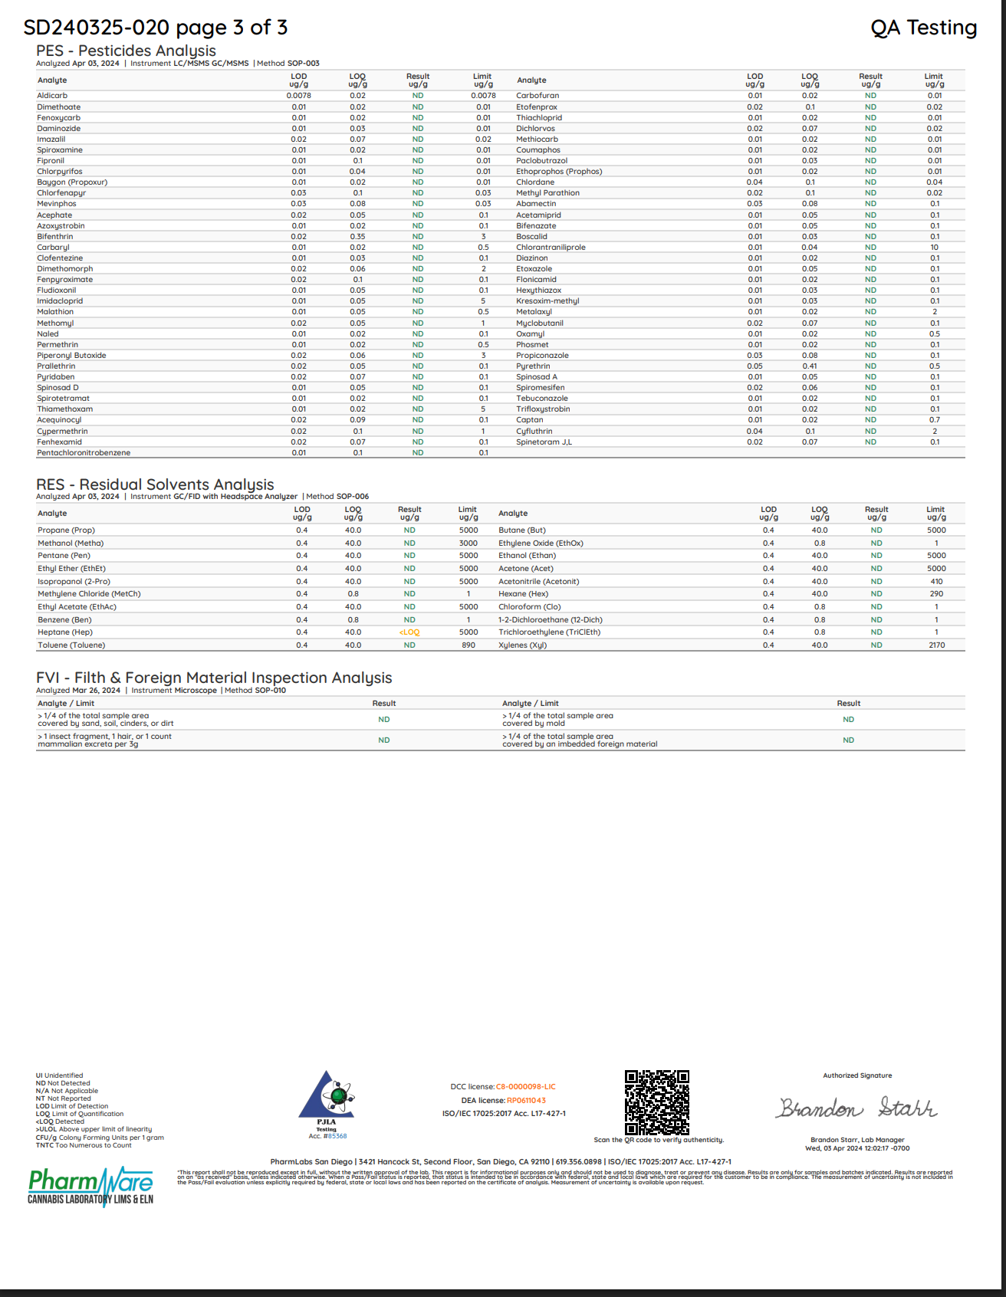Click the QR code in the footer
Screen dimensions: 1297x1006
point(657,1102)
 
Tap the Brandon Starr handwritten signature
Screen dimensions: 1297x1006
point(857,1108)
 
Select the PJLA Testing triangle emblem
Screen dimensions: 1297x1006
point(327,1095)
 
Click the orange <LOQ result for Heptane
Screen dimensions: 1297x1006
point(409,632)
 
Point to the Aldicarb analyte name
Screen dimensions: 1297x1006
point(52,96)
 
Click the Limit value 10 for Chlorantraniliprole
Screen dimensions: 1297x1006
point(935,248)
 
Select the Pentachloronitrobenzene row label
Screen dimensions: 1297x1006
point(84,453)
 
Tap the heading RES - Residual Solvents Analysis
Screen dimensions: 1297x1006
point(155,484)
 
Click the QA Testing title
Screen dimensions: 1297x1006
point(923,28)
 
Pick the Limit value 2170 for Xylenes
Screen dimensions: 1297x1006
point(936,645)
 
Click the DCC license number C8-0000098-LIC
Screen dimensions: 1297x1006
point(526,1087)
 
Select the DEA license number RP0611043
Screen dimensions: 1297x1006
point(526,1101)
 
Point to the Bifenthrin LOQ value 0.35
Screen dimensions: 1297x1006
point(357,237)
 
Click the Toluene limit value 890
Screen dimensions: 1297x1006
point(468,645)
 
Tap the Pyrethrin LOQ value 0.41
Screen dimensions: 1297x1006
point(810,366)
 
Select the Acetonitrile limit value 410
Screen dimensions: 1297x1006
point(936,582)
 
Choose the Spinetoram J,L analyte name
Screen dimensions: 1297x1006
point(544,442)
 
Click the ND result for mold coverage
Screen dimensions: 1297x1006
point(848,720)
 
